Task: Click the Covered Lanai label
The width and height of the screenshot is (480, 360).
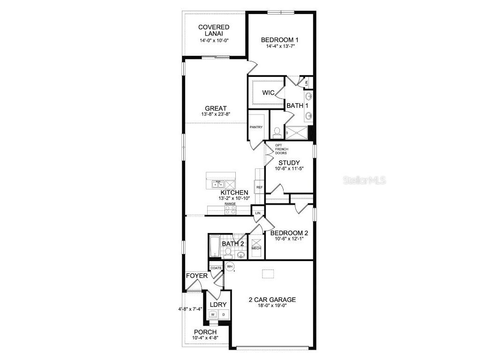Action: click(213, 30)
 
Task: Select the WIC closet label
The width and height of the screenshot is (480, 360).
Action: click(268, 93)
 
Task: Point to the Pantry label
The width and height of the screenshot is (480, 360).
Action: click(256, 127)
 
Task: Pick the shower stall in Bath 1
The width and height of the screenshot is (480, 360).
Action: click(297, 133)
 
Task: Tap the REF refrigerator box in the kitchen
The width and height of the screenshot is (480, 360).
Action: click(259, 187)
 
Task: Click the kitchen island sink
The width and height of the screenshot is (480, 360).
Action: click(217, 184)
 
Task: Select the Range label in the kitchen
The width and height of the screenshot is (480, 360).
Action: click(230, 204)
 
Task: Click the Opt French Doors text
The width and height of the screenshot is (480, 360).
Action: click(281, 150)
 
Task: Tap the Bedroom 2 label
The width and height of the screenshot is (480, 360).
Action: click(289, 233)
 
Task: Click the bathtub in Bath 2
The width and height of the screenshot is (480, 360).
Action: click(215, 247)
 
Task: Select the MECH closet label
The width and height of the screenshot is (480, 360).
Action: click(256, 248)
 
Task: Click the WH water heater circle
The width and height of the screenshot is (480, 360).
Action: click(230, 267)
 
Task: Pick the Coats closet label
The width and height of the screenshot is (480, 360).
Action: click(216, 268)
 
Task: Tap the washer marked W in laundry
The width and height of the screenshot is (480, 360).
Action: click(213, 314)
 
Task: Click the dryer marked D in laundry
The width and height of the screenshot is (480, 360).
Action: click(223, 314)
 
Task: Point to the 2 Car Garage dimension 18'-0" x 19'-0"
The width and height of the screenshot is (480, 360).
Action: click(272, 306)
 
